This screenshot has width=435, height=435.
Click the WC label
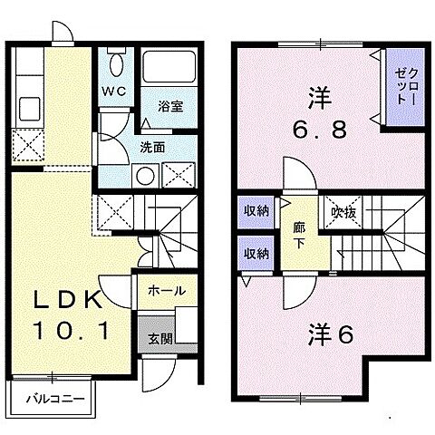112,91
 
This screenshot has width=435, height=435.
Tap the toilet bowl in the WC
115,63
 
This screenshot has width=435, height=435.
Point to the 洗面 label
151,145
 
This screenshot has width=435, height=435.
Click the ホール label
168,291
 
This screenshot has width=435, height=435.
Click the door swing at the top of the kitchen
62,33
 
